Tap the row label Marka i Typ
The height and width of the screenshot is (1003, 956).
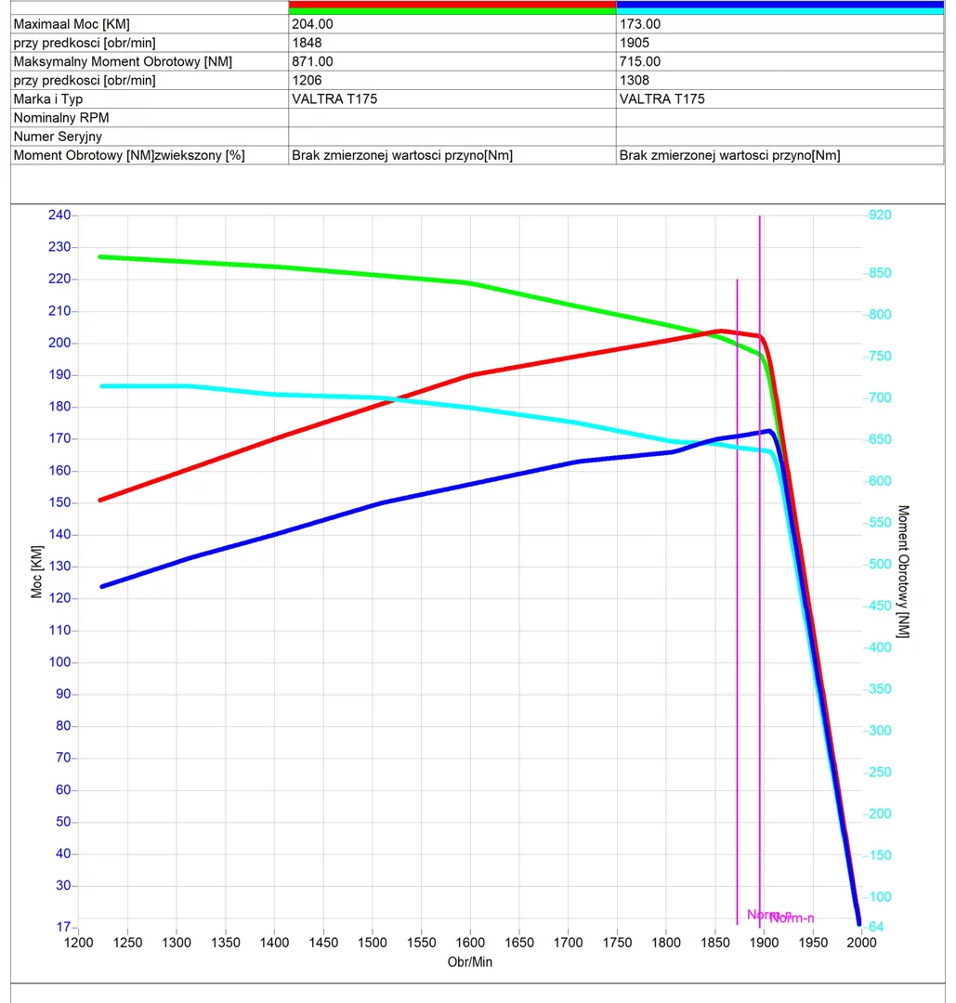[x=54, y=99]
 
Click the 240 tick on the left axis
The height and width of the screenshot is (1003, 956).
[x=59, y=215]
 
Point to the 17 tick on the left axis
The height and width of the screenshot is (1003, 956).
[x=63, y=927]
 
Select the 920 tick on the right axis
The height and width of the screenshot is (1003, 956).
[x=879, y=215]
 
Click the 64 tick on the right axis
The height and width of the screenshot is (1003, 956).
[x=875, y=927]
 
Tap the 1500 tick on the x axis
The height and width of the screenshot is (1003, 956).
[x=373, y=943]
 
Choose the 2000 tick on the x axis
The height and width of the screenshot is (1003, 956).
[x=861, y=943]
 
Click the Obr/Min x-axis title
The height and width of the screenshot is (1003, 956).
[x=470, y=962]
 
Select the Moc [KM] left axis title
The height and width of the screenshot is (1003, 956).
[x=37, y=572]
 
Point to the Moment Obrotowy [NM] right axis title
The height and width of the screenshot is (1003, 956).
[x=903, y=571]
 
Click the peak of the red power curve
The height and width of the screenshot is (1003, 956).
[x=721, y=331]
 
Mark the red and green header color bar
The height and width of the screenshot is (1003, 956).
[x=452, y=8]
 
